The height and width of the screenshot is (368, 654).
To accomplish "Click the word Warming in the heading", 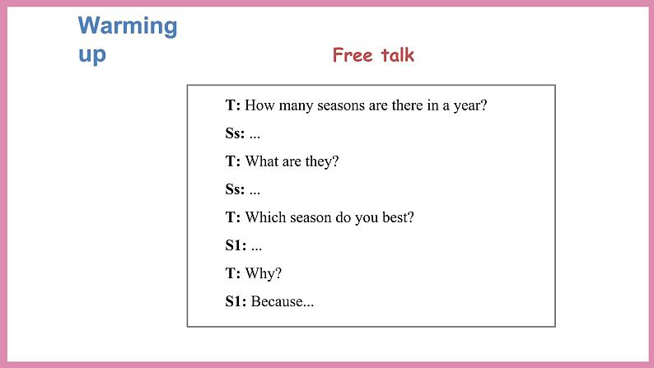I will pyautogui.click(x=128, y=26).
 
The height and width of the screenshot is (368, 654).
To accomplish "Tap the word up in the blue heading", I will pyautogui.click(x=92, y=55).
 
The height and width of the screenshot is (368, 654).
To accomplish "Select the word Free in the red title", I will pyautogui.click(x=350, y=55).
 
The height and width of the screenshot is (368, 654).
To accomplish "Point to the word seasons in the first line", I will pyautogui.click(x=339, y=105).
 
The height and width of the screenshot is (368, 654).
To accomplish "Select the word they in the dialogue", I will pyautogui.click(x=322, y=161).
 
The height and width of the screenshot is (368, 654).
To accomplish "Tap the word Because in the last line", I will pyautogui.click(x=282, y=301).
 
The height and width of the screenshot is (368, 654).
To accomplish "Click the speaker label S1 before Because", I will pyautogui.click(x=235, y=301).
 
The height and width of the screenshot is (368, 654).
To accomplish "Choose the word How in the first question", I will pyautogui.click(x=259, y=105).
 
